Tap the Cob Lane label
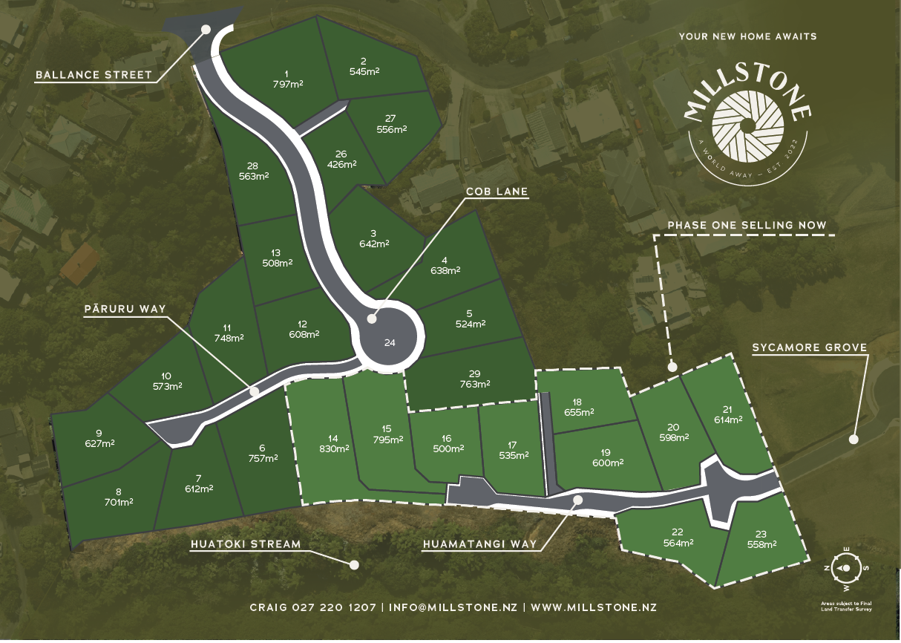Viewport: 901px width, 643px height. pos(497,192)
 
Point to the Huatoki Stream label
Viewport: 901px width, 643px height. pos(246,544)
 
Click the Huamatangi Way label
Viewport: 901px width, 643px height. pos(479,544)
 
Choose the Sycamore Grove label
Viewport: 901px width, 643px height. pos(809,347)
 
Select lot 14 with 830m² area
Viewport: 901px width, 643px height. pos(334,444)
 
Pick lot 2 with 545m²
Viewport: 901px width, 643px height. pos(364,66)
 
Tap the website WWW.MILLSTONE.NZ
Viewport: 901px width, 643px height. pos(594,607)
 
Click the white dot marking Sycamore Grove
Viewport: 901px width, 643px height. pos(854,439)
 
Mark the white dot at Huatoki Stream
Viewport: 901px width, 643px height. pos(354,564)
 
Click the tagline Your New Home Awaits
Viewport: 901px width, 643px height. pos(747,36)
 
